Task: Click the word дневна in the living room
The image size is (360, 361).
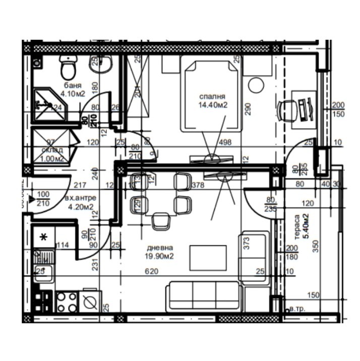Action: [x=160, y=248]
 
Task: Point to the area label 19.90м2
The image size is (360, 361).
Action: [x=160, y=256]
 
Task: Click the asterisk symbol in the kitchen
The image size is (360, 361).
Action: [x=44, y=236]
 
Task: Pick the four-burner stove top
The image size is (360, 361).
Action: [x=67, y=302]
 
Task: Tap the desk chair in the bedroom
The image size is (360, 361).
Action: [x=287, y=109]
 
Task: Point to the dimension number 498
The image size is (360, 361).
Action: [x=225, y=143]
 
